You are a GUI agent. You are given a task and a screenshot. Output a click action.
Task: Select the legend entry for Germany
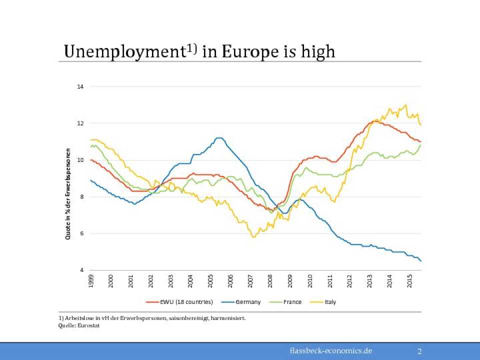(248, 302)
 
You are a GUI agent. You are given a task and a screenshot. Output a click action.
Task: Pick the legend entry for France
(292, 302)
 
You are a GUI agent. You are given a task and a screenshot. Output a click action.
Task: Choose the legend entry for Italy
(330, 302)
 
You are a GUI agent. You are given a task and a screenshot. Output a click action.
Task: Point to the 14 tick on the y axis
(80, 86)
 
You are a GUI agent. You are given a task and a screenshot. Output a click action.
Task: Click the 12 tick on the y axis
(80, 123)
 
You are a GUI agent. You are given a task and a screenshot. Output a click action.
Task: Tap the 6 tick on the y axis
(81, 233)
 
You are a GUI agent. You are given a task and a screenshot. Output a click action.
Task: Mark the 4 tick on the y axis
(81, 270)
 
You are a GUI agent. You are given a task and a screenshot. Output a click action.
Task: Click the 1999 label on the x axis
(91, 281)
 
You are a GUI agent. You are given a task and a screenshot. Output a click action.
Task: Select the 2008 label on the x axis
(270, 281)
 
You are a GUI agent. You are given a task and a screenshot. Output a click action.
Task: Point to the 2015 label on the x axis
(409, 281)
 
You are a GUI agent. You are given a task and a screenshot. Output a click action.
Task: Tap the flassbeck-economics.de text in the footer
(331, 350)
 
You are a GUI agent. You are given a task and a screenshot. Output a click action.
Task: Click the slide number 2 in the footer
(419, 351)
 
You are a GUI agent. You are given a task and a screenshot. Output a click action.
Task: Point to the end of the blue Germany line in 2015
(421, 261)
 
